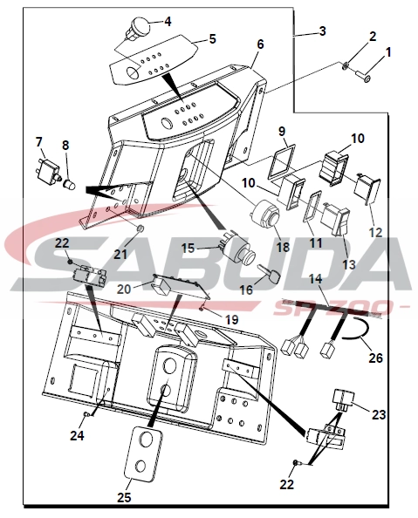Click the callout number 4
pos(168,22)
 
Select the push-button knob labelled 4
pos(136,27)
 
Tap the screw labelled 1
pos(363,76)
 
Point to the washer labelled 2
pos(346,65)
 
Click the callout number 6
pos(261,44)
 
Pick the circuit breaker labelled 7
pos(47,170)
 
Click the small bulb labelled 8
pos(70,184)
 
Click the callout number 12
pos(374,233)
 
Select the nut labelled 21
pos(140,228)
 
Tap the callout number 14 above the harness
pos(316,279)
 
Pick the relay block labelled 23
pos(344,400)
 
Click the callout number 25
pos(124,497)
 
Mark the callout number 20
pos(124,289)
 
